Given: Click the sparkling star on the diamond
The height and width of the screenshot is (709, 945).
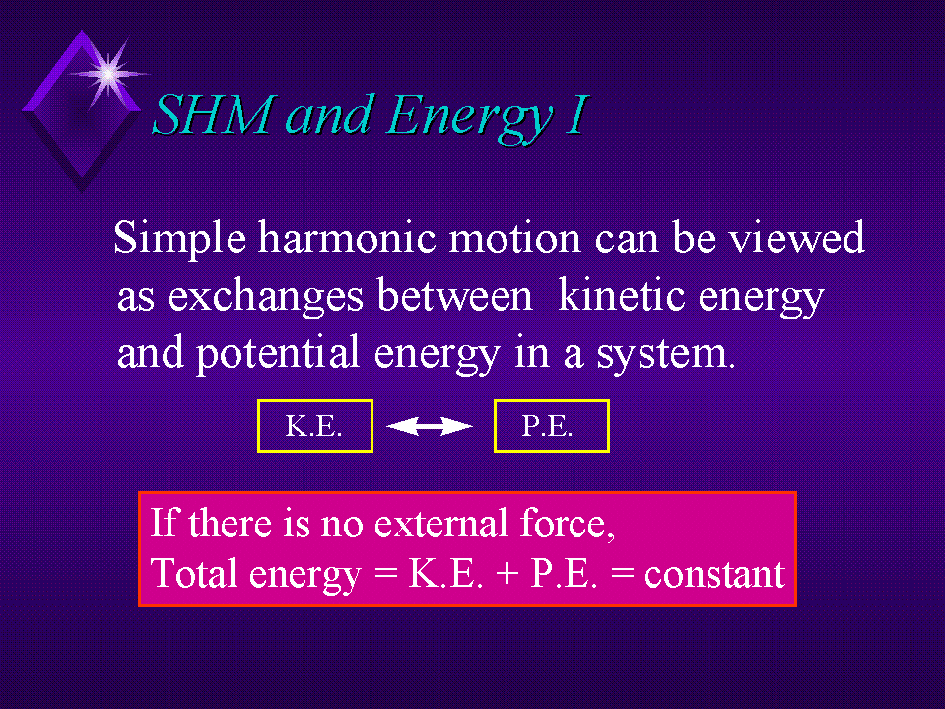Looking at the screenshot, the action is click(x=108, y=74).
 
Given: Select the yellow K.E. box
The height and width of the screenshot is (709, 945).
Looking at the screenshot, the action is click(x=315, y=426).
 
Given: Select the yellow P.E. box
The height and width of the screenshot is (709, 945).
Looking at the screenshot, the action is click(x=552, y=426).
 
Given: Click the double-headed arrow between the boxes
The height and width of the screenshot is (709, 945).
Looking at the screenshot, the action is click(x=429, y=426).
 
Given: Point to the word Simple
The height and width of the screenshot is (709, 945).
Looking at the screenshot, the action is click(x=179, y=240).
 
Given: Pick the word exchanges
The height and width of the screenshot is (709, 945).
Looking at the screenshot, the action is click(x=265, y=297).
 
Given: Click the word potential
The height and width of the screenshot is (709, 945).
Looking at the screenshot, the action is click(x=278, y=354).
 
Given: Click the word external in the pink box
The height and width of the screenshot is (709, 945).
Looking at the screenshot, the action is click(x=441, y=523).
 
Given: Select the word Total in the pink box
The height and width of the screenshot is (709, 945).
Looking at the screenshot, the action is click(x=193, y=573).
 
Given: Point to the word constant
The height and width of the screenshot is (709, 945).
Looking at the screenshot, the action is click(x=714, y=574).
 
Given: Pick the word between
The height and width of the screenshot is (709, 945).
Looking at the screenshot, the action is click(x=455, y=295).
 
